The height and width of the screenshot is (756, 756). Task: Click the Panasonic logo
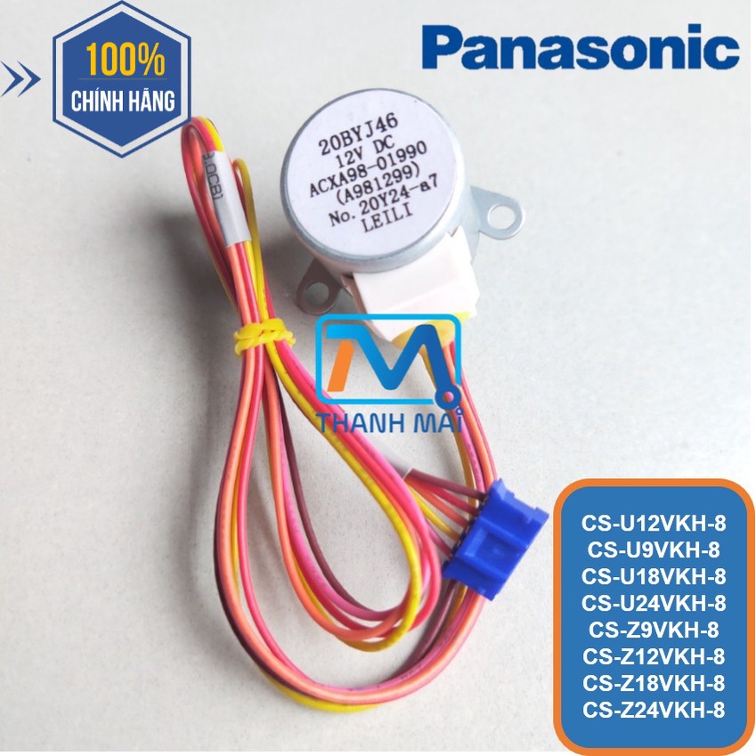(581, 47)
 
